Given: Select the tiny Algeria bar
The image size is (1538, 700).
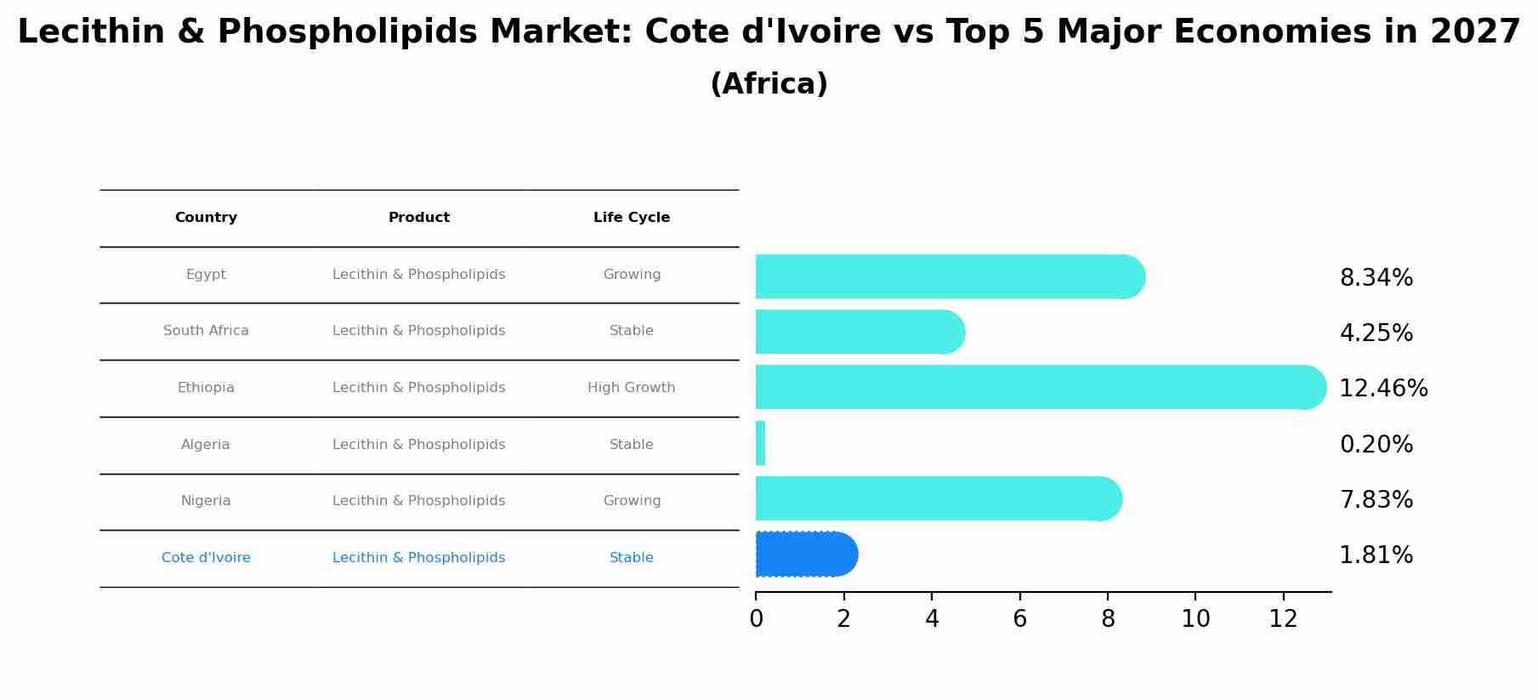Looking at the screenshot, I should tap(760, 443).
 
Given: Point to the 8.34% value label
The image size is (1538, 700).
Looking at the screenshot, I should tap(1376, 278).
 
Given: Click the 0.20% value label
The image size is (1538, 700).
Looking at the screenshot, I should tap(1376, 445).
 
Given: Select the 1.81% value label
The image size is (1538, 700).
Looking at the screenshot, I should tap(1376, 555).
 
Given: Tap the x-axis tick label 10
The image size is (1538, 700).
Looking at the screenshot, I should tap(1195, 619).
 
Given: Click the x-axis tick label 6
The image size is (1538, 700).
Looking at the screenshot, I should tap(1019, 619).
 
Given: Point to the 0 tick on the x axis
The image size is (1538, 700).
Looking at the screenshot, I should tap(756, 619).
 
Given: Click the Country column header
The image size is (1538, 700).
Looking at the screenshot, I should tap(206, 218).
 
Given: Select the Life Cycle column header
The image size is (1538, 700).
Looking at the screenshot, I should tap(632, 218).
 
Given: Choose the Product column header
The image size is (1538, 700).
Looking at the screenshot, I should tap(419, 218).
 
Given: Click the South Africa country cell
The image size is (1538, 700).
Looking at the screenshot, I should tap(206, 331).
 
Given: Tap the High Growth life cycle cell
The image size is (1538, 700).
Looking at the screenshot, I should tap(632, 388).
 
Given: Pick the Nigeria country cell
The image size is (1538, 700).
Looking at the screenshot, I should tap(206, 501).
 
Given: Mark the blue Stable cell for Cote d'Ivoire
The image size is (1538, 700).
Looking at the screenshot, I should tap(632, 558).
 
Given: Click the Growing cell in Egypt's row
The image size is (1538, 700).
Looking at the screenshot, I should tap(632, 275).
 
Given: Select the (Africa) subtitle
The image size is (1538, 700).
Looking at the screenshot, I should tap(769, 84).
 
